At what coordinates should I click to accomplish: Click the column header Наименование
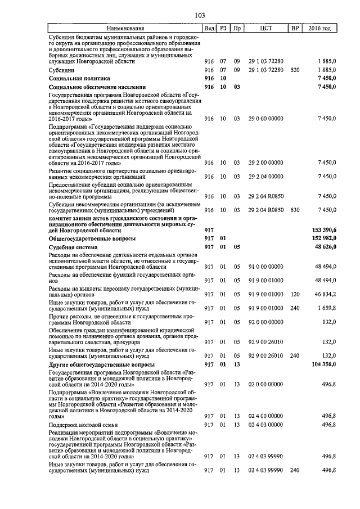tap(125, 28)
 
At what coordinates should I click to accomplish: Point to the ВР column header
tap(294, 28)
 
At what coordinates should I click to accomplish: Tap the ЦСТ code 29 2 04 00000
tap(266, 177)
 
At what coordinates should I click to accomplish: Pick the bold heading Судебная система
tap(73, 247)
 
